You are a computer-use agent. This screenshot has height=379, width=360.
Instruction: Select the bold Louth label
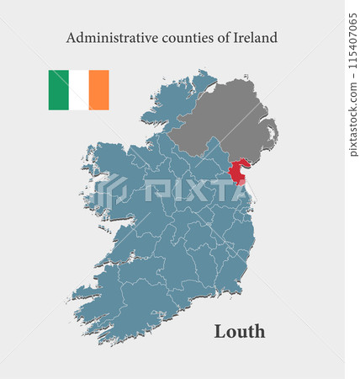click(x=240, y=331)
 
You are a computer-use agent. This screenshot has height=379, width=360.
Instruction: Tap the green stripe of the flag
click(x=58, y=90)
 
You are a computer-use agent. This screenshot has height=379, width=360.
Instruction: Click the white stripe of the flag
click(x=78, y=90)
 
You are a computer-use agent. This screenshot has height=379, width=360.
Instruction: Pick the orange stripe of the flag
click(x=98, y=90)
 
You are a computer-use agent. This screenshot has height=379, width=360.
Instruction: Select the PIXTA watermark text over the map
click(x=193, y=189)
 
